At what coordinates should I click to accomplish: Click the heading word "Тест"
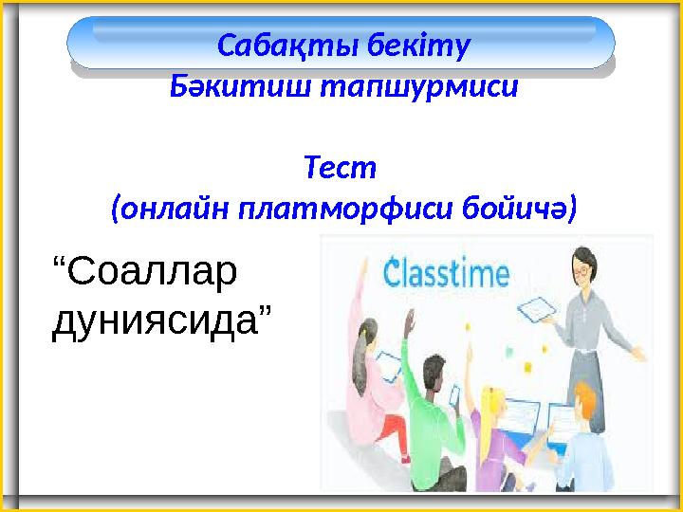341,168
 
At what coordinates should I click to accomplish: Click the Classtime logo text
446,275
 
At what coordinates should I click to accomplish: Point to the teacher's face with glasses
578,271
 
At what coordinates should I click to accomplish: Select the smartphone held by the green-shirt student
452,393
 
